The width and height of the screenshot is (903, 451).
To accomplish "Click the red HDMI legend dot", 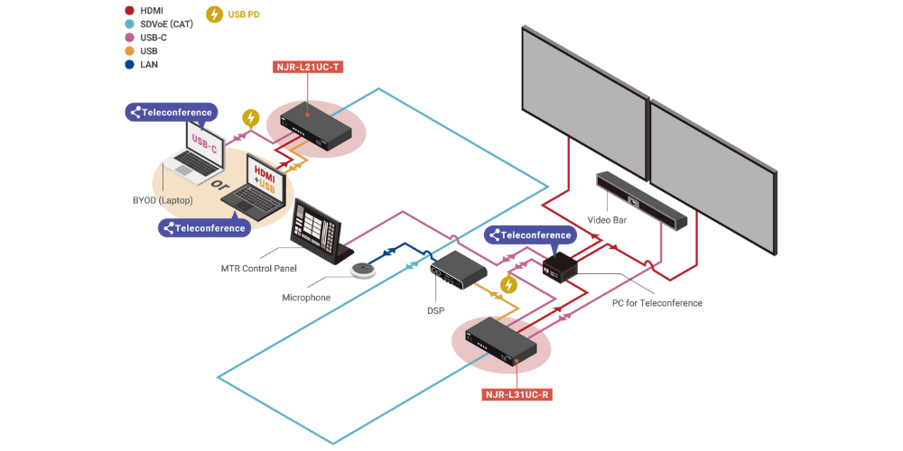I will click(130, 10).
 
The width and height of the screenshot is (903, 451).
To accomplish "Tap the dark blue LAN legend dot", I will click(130, 64).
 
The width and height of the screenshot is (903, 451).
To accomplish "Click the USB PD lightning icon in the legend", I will click(215, 14).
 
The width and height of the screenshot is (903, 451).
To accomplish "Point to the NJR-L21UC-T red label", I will click(309, 66).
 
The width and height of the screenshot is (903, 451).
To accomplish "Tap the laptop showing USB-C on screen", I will click(194, 153).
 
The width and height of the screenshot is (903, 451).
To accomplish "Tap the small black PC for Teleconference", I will click(560, 265).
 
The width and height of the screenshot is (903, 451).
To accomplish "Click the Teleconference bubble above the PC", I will click(531, 235).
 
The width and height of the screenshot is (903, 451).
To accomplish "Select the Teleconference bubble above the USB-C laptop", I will click(172, 113).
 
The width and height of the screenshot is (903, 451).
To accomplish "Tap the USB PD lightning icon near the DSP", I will click(509, 285).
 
